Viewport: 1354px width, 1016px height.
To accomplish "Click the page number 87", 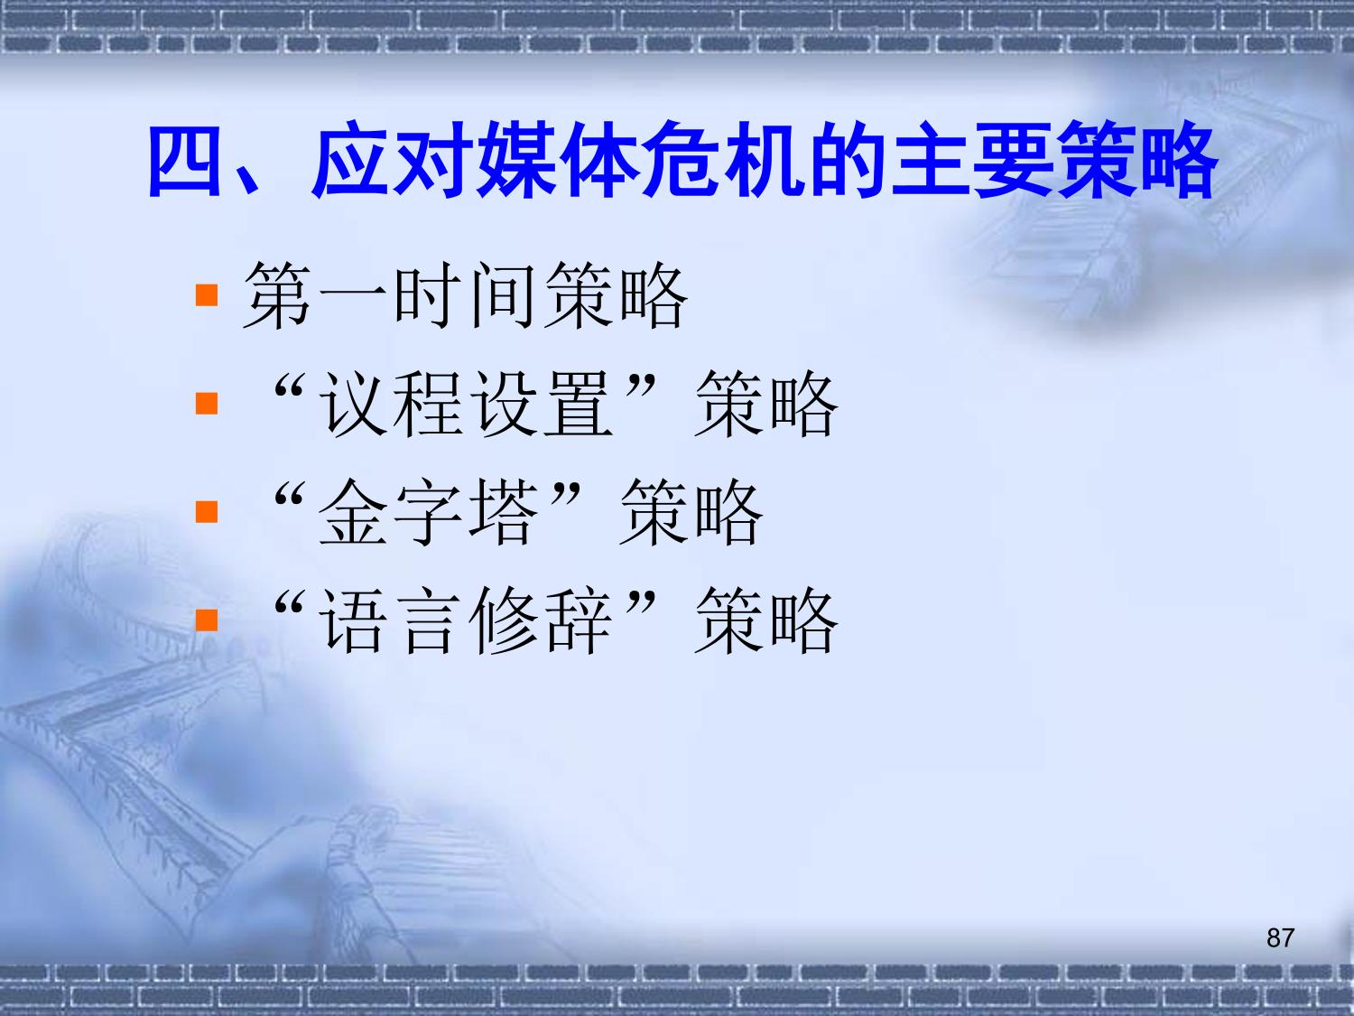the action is [x=1280, y=937].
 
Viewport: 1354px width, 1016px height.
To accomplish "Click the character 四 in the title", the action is [x=184, y=161].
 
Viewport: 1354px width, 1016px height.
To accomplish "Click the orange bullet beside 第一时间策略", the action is [x=207, y=295].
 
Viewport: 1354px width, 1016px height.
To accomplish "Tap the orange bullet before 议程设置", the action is [x=207, y=404].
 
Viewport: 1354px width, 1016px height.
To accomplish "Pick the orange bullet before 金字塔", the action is [x=207, y=511].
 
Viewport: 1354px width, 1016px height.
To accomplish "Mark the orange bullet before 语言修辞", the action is [x=207, y=620].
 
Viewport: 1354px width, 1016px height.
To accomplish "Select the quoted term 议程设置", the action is [x=466, y=404].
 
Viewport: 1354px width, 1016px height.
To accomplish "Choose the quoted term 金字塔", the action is [x=428, y=513].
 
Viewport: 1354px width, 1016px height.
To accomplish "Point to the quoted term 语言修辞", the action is [x=466, y=620].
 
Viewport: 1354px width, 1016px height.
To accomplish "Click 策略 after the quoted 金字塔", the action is [x=691, y=513].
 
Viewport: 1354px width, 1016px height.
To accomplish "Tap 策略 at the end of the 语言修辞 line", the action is [x=766, y=620].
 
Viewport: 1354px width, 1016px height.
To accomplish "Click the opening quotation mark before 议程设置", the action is [x=290, y=386].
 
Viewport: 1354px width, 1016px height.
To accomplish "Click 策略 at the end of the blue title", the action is [x=1137, y=161].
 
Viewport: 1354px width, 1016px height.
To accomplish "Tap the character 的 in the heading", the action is [x=849, y=161].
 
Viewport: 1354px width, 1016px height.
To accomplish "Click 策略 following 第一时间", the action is [x=616, y=295].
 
